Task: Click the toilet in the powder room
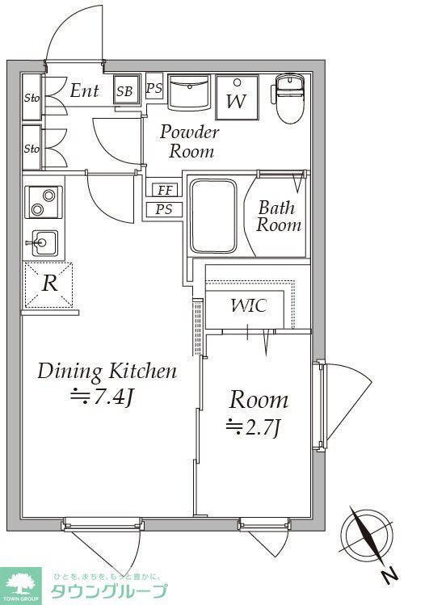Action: point(290,98)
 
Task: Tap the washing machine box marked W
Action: point(237,98)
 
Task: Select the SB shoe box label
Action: point(125,90)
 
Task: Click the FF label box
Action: point(165,190)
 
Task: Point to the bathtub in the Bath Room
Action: point(213,216)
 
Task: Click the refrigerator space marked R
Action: point(48,284)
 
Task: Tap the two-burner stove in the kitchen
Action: point(43,202)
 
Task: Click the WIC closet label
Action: point(249,305)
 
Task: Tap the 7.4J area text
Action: point(102,396)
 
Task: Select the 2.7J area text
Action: point(253,426)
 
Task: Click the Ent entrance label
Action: point(85,91)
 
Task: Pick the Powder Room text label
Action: point(190,141)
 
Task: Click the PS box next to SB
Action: point(154,88)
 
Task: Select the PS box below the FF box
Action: point(164,209)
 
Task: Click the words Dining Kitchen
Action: point(107,372)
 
